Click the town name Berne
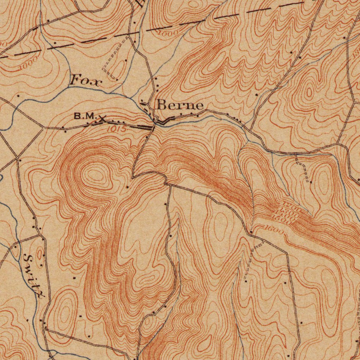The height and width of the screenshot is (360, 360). coord(180,105)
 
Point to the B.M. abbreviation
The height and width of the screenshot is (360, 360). coord(85,116)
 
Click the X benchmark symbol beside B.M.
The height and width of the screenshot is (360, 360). coord(102,119)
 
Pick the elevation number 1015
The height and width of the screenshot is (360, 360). coord(116,129)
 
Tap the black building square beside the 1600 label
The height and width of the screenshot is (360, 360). coord(251,232)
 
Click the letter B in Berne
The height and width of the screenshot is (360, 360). coord(162,105)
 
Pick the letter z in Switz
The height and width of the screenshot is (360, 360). coord(39,293)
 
